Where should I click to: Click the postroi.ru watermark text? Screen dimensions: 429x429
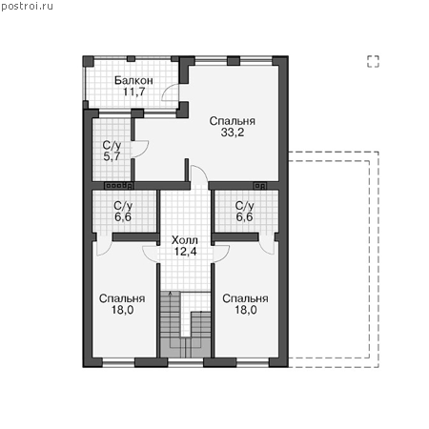(27, 7)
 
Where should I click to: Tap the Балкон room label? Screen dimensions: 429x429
(133, 80)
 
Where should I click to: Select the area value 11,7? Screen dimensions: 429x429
(134, 92)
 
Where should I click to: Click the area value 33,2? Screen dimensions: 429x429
(233, 133)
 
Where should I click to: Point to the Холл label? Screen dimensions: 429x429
(184, 240)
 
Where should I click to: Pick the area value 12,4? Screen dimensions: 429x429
(185, 252)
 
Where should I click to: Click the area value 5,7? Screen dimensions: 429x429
(112, 156)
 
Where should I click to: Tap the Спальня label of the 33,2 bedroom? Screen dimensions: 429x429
(233, 121)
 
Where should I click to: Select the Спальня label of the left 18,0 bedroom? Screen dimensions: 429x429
(122, 298)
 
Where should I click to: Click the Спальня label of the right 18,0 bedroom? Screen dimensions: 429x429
(245, 298)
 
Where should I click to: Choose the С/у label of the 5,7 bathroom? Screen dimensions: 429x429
(112, 145)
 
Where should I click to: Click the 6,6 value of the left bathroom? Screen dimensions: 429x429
(123, 217)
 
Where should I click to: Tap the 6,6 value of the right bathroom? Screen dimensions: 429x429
(244, 217)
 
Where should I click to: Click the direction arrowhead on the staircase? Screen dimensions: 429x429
(171, 293)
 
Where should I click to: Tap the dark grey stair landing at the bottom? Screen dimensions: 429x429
(185, 348)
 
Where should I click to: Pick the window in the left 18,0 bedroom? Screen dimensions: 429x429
(118, 362)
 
